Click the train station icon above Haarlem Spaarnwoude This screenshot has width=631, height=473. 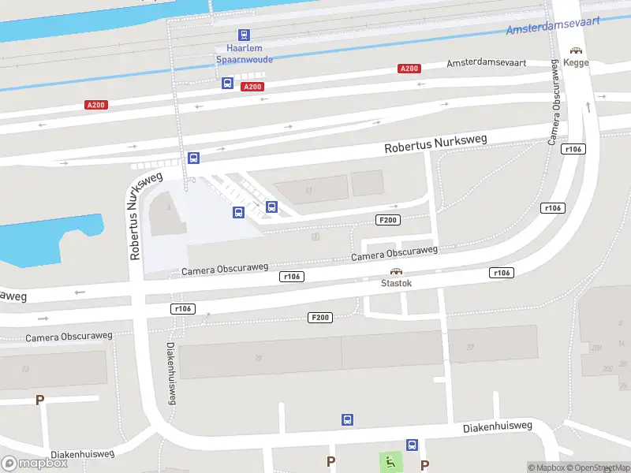coord(244,35)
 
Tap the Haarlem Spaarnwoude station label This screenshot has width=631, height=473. coord(244,53)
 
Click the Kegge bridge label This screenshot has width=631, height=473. coord(577,63)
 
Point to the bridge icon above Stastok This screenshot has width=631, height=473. coord(396,270)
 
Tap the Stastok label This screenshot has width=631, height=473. coord(396,282)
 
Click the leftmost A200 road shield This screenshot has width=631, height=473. coord(95,105)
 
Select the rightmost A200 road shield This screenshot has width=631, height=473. coord(409,69)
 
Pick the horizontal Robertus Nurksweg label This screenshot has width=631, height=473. coord(435,143)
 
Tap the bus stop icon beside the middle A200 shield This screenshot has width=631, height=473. coord(227,83)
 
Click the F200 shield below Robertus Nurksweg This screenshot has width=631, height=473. coord(387,220)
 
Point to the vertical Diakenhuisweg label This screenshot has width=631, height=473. coord(170,374)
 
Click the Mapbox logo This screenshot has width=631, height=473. coord(34,464)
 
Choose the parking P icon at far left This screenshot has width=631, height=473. coord(39,400)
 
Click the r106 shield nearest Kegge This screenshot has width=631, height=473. coord(573,149)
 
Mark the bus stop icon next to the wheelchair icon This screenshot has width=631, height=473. coord(412,445)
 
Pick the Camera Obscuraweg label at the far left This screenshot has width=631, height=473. coord(69,336)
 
